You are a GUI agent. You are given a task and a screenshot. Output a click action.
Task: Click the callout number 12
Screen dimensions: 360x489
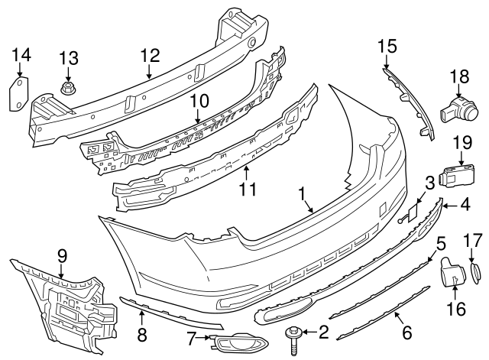pos(149,55)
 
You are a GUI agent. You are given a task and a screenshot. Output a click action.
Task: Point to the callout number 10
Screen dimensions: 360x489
pos(199,101)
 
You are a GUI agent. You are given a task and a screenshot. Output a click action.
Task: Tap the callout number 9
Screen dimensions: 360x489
pos(61,255)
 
